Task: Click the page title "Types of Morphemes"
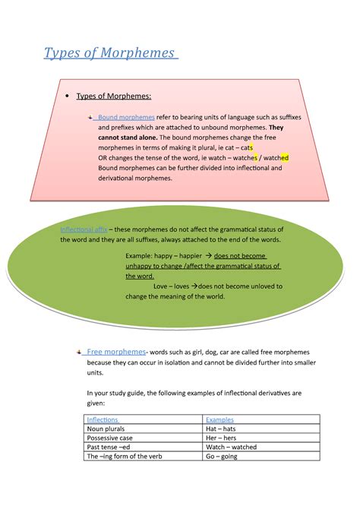109,54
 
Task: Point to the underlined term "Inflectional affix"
84,229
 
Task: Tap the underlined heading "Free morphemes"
115,353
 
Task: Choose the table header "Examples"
219,419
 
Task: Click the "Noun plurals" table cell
106,428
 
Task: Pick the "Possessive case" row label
109,438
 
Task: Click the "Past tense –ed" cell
109,447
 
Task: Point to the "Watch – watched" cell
231,447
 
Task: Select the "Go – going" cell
222,457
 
